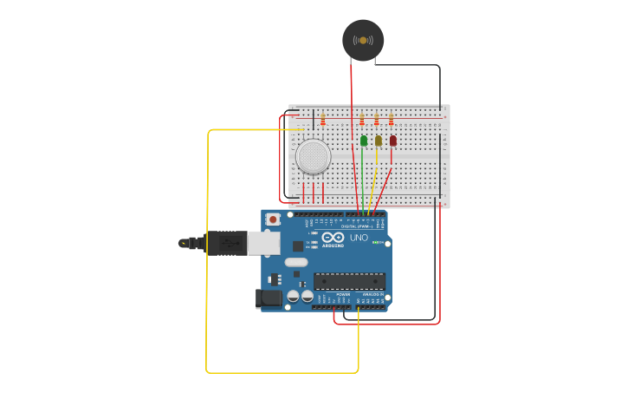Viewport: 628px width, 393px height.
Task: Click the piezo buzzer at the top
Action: tap(363, 40)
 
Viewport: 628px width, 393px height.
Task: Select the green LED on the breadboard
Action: tap(364, 141)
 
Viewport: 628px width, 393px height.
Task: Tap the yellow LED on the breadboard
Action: tap(379, 141)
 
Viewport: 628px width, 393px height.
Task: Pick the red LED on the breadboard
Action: tap(392, 141)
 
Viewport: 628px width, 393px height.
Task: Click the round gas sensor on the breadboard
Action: tap(313, 156)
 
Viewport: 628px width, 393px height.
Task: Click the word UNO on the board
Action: tap(359, 237)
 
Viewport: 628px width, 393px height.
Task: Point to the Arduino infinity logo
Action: tap(333, 237)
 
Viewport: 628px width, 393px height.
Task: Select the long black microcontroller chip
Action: tap(349, 281)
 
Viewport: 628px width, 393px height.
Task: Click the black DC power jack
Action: tap(270, 298)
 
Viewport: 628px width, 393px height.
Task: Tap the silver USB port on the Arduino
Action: tap(264, 243)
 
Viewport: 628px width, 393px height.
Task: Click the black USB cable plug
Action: tap(225, 243)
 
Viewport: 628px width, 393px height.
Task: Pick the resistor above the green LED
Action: tap(362, 119)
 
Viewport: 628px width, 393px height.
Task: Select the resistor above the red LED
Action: tap(391, 119)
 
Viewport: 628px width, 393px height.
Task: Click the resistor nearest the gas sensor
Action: tap(323, 119)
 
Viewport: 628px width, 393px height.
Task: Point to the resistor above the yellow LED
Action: tap(377, 119)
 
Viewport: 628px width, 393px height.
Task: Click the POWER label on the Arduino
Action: tap(343, 294)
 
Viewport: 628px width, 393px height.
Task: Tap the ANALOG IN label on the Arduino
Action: tap(372, 294)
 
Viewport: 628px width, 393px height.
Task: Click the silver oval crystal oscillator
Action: tap(296, 262)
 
